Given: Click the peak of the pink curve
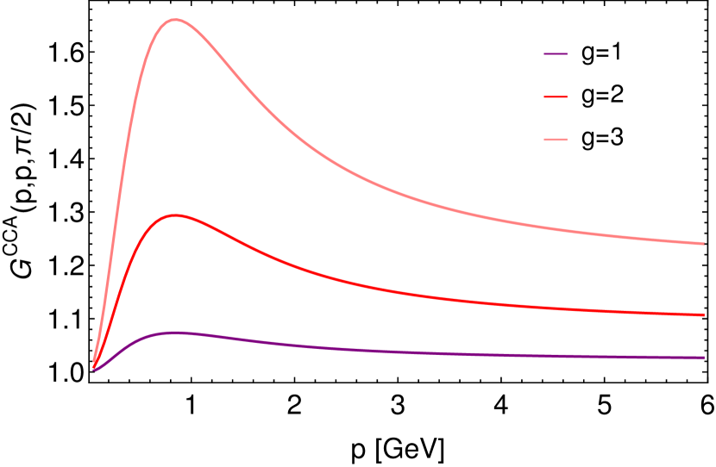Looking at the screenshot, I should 175,19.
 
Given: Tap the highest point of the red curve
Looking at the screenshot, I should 176,215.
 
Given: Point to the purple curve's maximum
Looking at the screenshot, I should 177,332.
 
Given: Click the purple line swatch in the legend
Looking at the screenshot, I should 556,54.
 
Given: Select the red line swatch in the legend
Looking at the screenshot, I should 556,97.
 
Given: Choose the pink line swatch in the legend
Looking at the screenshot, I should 556,140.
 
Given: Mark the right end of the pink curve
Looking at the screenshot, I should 704,244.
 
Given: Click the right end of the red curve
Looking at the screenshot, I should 704,314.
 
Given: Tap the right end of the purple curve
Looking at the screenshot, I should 704,358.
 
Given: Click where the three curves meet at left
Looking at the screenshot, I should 95,368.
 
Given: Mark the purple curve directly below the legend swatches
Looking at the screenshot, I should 556,355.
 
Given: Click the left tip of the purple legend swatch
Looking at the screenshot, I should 544,54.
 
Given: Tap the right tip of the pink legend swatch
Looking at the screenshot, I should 567,140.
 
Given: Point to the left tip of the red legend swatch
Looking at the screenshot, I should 544,97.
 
